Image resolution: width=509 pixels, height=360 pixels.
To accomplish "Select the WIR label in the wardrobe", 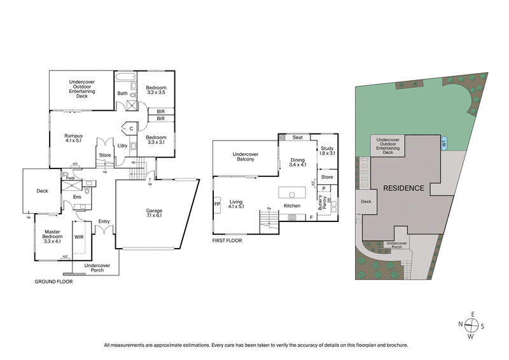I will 80,237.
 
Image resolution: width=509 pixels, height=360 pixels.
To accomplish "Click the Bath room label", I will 122,93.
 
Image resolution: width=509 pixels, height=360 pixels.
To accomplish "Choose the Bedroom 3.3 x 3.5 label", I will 155,90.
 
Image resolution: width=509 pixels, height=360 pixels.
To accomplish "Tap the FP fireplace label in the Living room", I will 217,205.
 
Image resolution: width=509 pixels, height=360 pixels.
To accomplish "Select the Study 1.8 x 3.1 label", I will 327,151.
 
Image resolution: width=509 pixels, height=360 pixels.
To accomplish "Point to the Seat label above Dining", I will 297,137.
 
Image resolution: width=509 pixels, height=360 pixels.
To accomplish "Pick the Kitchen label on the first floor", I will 291,206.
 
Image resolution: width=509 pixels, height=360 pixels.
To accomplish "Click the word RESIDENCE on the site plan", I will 403,188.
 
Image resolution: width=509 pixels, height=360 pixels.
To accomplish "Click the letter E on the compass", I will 471,313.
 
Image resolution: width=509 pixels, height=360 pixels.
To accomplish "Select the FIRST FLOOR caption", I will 227,241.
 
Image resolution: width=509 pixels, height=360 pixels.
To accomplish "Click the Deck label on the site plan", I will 366,202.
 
